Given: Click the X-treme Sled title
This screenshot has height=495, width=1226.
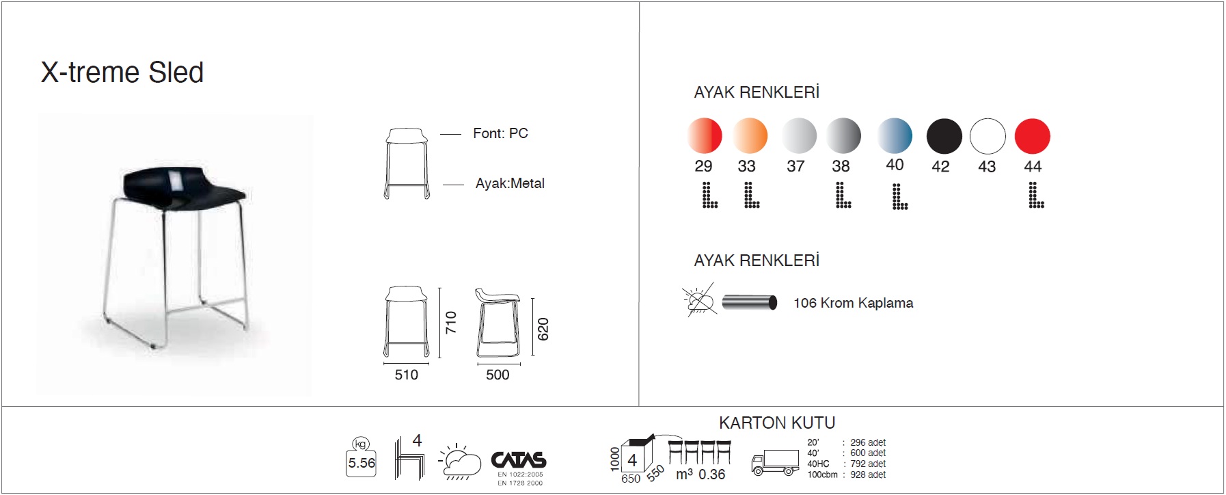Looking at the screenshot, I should [x=122, y=72].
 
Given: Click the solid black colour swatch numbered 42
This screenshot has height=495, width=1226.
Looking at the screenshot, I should [x=944, y=136].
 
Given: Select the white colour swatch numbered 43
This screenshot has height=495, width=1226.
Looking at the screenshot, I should [x=987, y=136].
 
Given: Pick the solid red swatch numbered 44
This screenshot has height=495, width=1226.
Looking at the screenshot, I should [x=1032, y=136].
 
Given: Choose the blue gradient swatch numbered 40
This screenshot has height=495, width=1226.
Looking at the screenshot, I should [x=895, y=135].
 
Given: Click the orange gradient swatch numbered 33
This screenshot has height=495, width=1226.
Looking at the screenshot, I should [x=750, y=135].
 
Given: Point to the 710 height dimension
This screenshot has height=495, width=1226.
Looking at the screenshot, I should [x=450, y=322].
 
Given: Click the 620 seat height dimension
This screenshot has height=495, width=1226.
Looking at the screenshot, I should [x=543, y=329].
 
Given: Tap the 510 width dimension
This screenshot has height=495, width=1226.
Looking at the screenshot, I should [x=406, y=375].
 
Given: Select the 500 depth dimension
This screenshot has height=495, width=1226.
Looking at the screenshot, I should [x=498, y=375].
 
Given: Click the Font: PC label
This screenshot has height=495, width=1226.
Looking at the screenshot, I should [x=500, y=133].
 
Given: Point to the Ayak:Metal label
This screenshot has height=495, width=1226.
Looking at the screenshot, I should [x=510, y=183].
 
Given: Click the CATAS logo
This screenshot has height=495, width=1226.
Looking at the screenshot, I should [x=519, y=460].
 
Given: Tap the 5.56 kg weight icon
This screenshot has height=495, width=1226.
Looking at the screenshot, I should [x=362, y=458].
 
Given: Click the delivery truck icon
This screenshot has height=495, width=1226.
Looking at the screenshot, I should [x=775, y=462].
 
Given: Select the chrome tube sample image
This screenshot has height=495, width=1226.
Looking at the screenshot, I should [x=750, y=302].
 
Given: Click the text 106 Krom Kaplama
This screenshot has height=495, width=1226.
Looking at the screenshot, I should [x=853, y=303].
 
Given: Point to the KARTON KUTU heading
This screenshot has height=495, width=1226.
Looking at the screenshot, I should [x=777, y=423].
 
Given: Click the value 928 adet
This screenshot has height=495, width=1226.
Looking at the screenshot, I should [x=868, y=474].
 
